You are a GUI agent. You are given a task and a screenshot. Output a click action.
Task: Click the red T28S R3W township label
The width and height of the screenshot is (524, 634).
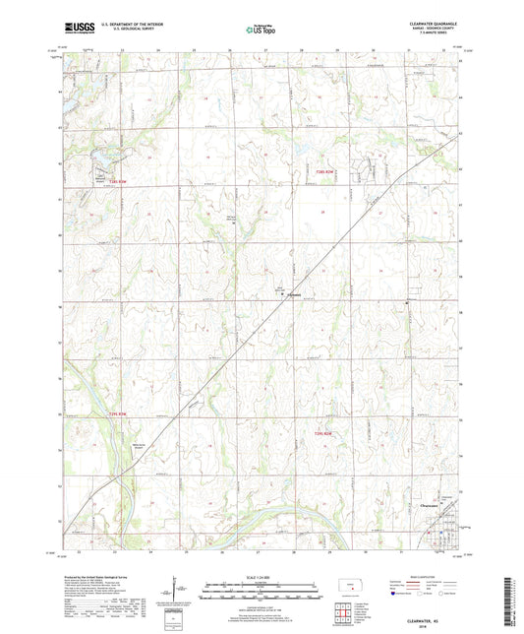[x=119, y=180]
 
